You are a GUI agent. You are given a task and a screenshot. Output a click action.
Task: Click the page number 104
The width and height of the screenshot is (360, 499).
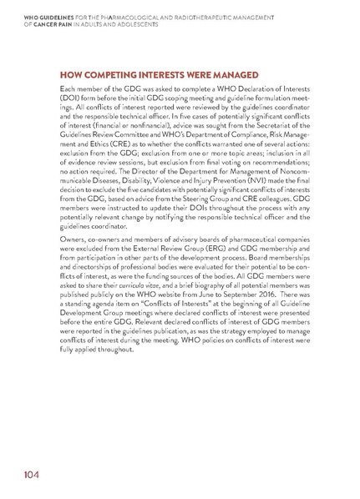pos(19,476)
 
